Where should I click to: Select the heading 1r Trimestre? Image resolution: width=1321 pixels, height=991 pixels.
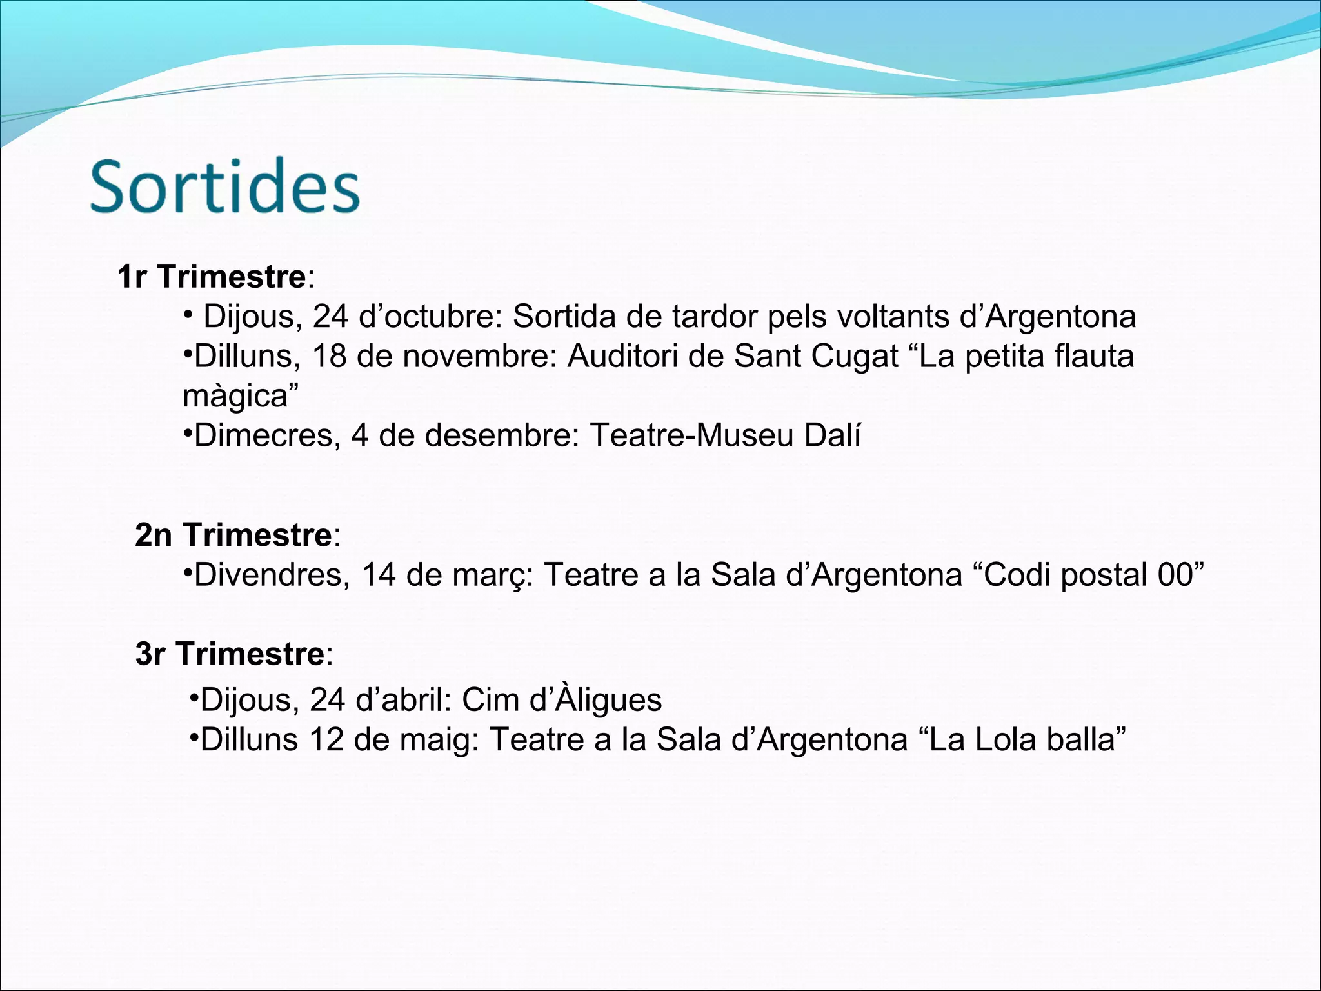pyautogui.click(x=212, y=277)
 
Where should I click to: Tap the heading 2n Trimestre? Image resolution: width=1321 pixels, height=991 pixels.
pyautogui.click(x=233, y=535)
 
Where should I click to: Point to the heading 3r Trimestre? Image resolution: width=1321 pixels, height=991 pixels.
pyautogui.click(x=230, y=654)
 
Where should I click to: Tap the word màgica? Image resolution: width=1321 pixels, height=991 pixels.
pyautogui.click(x=235, y=396)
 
